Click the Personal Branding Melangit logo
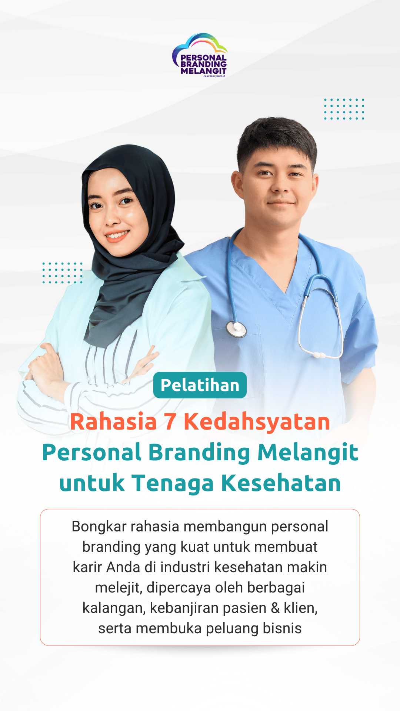[200, 55]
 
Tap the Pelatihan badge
[200, 385]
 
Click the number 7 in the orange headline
[170, 422]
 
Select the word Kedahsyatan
[257, 422]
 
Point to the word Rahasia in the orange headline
[113, 422]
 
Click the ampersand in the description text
[275, 608]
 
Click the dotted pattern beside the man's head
[344, 109]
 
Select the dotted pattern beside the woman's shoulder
[62, 273]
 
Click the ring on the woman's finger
[37, 358]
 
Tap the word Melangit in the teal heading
[308, 453]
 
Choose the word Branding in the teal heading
[199, 453]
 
